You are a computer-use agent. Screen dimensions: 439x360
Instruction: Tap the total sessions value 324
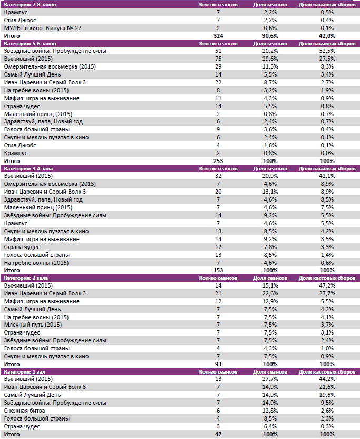tap(218, 35)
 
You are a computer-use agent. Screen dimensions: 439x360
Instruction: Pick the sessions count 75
tap(218, 59)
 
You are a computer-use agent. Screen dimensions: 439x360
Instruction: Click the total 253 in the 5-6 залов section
tap(218, 161)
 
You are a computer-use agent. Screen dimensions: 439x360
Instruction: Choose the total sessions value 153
tap(218, 270)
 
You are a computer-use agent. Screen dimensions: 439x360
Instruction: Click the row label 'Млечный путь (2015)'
tap(33, 325)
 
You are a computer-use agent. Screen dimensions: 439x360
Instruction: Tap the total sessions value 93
tap(218, 364)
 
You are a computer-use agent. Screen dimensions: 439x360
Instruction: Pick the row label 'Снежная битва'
tap(24, 411)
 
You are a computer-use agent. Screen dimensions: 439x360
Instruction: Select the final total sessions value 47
tap(218, 434)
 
